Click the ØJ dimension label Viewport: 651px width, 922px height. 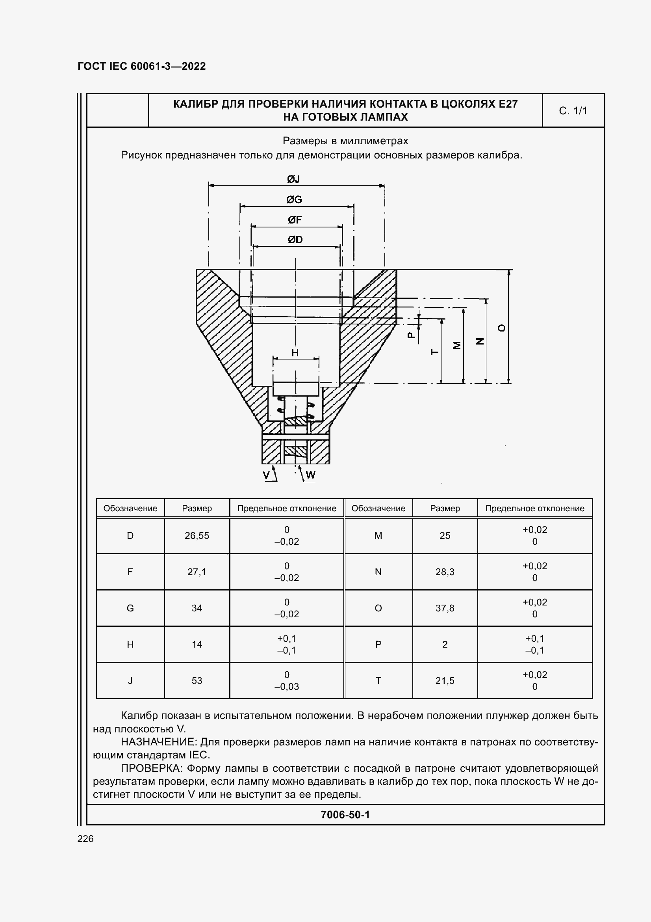pos(294,179)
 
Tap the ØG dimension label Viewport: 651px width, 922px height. pos(294,199)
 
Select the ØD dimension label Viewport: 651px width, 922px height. pos(295,240)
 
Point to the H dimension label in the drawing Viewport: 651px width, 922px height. pos(295,352)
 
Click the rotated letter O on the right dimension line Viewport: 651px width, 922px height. pos(501,328)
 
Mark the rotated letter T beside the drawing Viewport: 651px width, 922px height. pos(434,352)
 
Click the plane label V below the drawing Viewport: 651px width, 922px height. pos(266,475)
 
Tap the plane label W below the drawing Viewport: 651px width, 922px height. pos(310,475)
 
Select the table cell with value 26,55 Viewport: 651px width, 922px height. pos(197,536)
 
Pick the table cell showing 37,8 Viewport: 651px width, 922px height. pos(445,608)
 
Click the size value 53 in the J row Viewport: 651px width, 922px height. pos(197,681)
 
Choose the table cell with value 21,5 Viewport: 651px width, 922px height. pos(445,681)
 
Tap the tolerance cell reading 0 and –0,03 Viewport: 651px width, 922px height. pos(286,681)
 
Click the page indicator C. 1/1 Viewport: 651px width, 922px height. pos(573,111)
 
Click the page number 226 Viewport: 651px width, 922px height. pos(85,838)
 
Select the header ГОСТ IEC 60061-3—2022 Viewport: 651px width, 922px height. pos(141,66)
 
